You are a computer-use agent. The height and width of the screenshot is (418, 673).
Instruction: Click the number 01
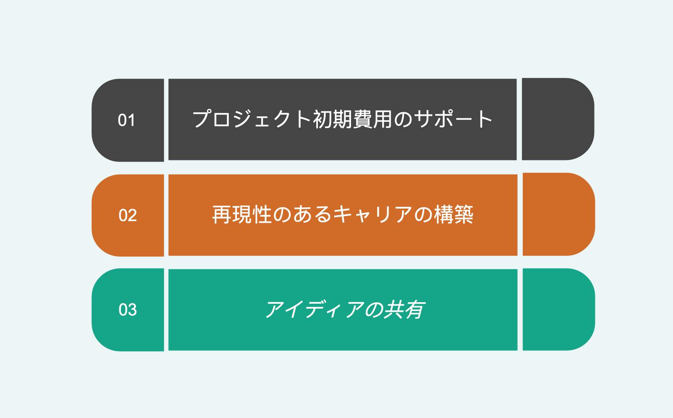126,120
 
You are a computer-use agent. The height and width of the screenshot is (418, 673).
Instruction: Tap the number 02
128,215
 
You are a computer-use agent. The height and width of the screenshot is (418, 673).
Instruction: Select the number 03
128,310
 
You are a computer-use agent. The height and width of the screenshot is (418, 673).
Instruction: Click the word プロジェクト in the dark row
252,119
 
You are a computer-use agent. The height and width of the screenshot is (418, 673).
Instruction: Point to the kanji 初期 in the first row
332,119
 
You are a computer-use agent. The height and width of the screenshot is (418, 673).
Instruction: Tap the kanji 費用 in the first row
372,119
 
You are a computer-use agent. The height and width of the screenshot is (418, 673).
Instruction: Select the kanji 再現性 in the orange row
242,214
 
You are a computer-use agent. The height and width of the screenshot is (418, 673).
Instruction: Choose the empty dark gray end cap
558,119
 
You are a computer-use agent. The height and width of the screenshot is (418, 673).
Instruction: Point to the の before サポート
403,119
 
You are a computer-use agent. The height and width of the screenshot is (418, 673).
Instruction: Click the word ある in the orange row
313,214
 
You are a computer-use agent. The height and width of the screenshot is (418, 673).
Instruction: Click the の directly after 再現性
282,215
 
